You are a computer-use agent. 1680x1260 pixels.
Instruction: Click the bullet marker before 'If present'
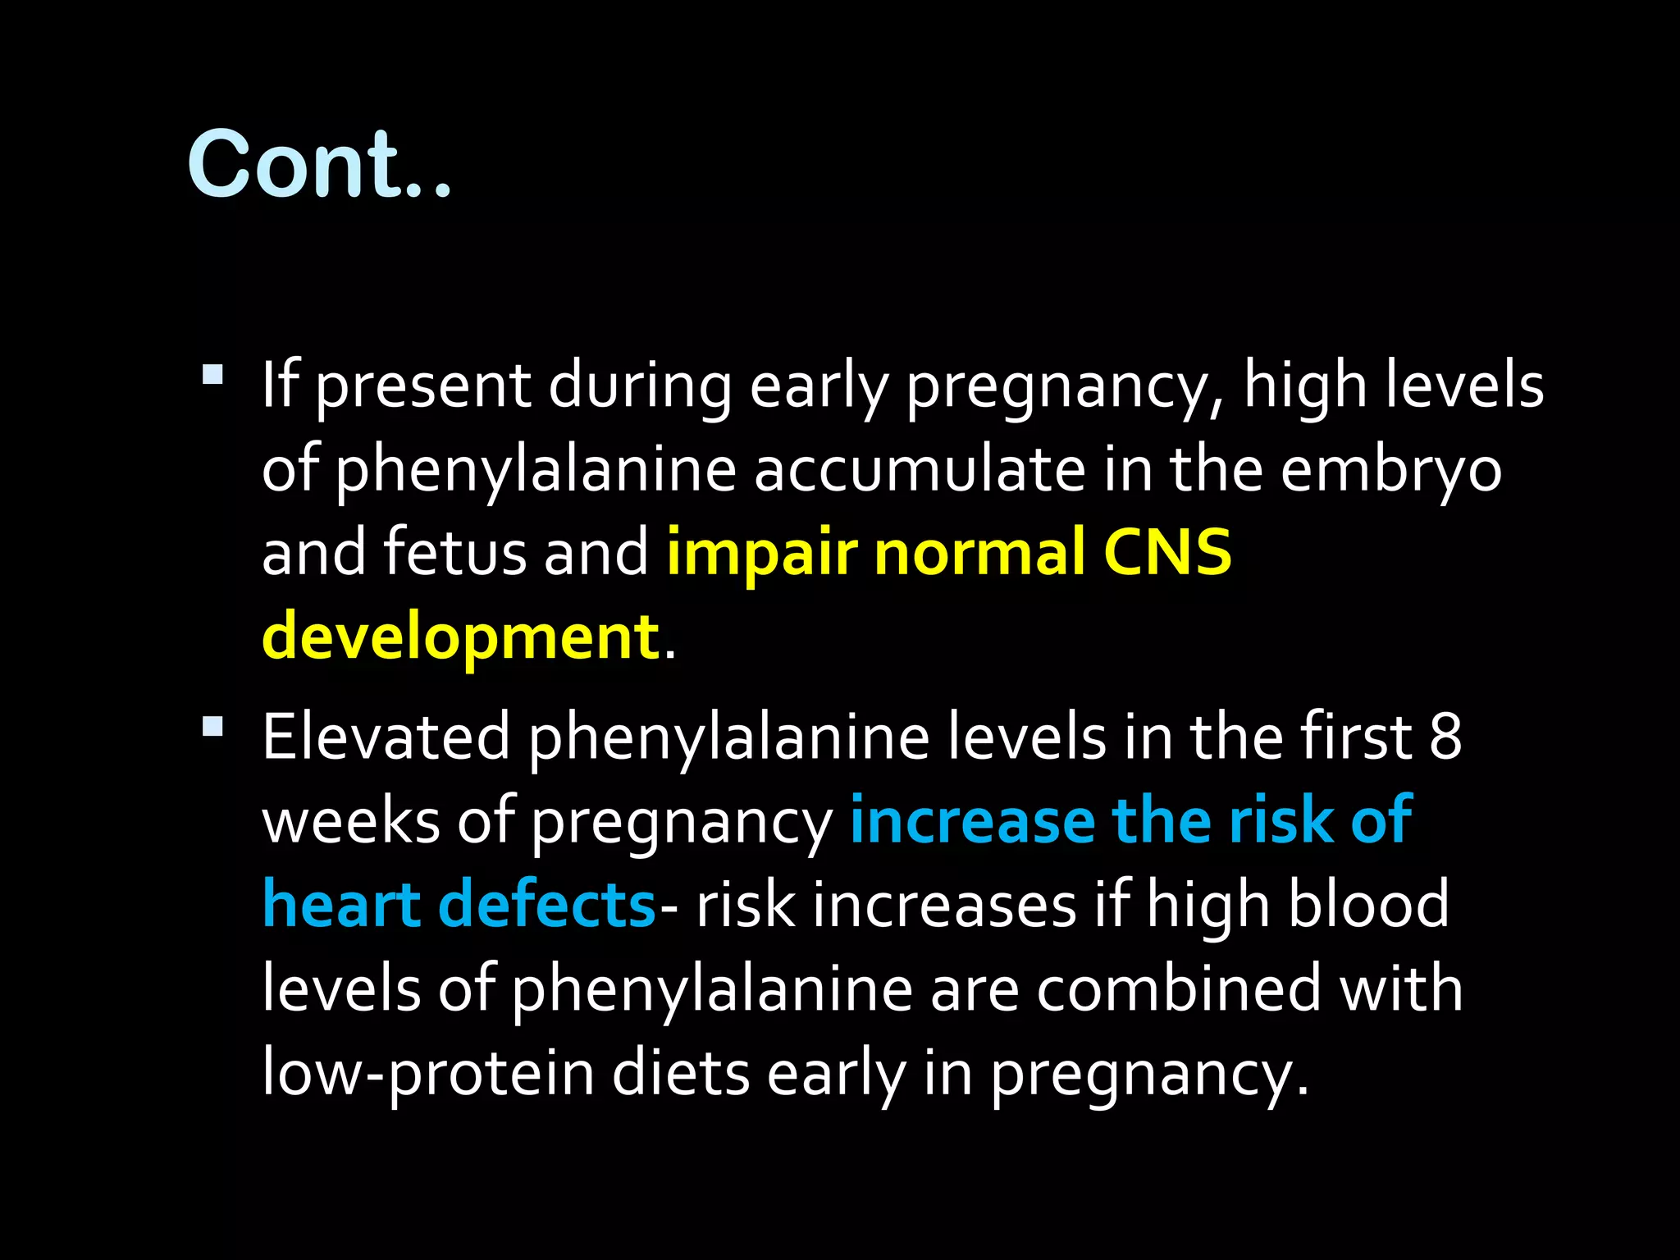(x=212, y=375)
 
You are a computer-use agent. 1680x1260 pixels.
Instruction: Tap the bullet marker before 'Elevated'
(x=212, y=727)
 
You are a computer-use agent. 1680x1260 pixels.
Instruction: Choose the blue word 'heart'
(x=341, y=905)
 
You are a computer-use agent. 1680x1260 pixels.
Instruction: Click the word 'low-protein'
(x=427, y=1074)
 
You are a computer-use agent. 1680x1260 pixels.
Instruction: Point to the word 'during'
(x=640, y=386)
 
